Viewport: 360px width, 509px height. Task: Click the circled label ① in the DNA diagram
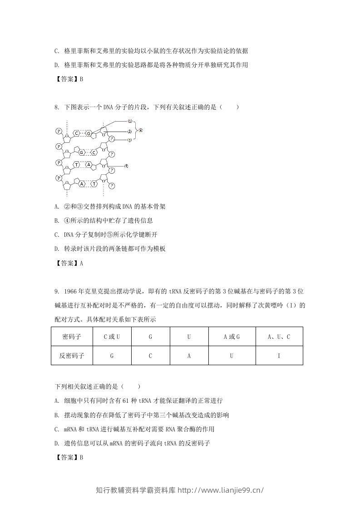pos(129,122)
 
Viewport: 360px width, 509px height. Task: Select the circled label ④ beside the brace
pos(140,130)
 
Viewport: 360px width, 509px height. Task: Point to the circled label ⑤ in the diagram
pos(127,166)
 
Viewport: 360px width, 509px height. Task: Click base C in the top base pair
pos(77,133)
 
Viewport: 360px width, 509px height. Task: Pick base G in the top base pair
pos(89,133)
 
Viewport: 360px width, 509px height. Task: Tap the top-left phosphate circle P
pos(59,131)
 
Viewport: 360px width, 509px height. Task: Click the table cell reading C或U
pos(112,337)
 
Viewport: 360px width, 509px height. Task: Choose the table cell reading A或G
pos(232,337)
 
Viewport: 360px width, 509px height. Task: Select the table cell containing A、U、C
pos(279,337)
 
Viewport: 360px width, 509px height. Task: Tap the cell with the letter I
pos(279,356)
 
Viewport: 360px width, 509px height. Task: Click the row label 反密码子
pos(72,356)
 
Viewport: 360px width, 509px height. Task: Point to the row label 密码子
pos(72,337)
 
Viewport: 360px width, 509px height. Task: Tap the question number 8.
pos(56,107)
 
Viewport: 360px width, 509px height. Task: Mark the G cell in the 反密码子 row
pos(112,356)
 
